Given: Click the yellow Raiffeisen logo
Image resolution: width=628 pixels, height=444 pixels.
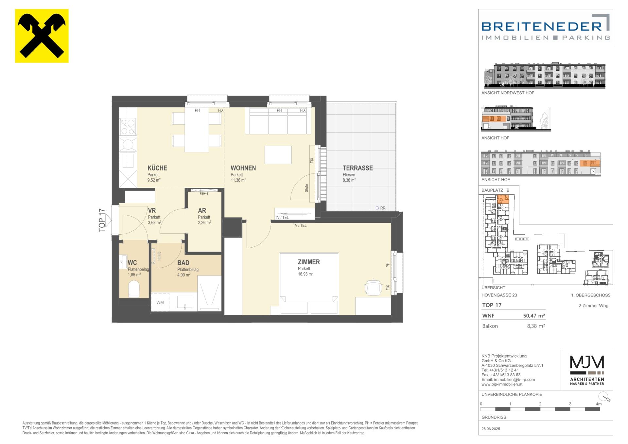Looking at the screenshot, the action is [42, 36].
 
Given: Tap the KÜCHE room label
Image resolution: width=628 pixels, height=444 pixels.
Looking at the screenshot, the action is [157, 168].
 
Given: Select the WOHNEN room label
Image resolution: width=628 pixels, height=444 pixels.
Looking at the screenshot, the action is [243, 168].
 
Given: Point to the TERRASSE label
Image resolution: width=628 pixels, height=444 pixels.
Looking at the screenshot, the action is [358, 168].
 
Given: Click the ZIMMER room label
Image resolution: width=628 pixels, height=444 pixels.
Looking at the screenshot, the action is [309, 262].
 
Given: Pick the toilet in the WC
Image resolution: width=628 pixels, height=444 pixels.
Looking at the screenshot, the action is [134, 288].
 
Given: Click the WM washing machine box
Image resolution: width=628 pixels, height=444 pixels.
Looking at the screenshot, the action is [160, 302].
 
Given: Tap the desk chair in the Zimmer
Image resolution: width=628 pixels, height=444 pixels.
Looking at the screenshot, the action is [373, 287].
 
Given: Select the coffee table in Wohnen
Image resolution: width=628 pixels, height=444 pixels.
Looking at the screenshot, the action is [278, 155].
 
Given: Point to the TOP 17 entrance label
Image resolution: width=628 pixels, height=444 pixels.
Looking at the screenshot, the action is [102, 221].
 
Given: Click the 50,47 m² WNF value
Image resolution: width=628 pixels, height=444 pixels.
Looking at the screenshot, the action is [534, 316].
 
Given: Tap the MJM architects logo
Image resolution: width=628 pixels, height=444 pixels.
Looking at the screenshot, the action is [587, 370].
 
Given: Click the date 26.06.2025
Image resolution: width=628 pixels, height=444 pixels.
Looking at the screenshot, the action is [491, 429].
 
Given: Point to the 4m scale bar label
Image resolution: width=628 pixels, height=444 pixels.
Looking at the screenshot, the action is [599, 404].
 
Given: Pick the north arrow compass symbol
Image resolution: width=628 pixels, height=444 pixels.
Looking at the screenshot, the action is [605, 396].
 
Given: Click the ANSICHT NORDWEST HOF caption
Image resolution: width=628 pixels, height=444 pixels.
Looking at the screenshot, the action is [508, 93].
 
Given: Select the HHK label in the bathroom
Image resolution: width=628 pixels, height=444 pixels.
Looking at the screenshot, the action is [159, 256].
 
